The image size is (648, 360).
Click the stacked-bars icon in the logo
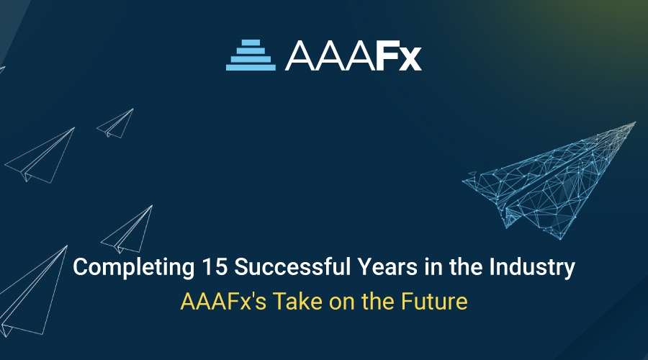coord(251,55)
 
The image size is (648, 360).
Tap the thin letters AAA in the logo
coord(329,55)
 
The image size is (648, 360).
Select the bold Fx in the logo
coord(397,55)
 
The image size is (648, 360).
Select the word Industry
coord(536,269)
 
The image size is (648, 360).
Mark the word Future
coord(434,301)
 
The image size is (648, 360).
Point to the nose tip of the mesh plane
coord(634,123)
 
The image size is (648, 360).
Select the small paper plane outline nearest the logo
coord(117,123)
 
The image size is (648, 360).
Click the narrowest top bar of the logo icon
coord(251,42)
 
